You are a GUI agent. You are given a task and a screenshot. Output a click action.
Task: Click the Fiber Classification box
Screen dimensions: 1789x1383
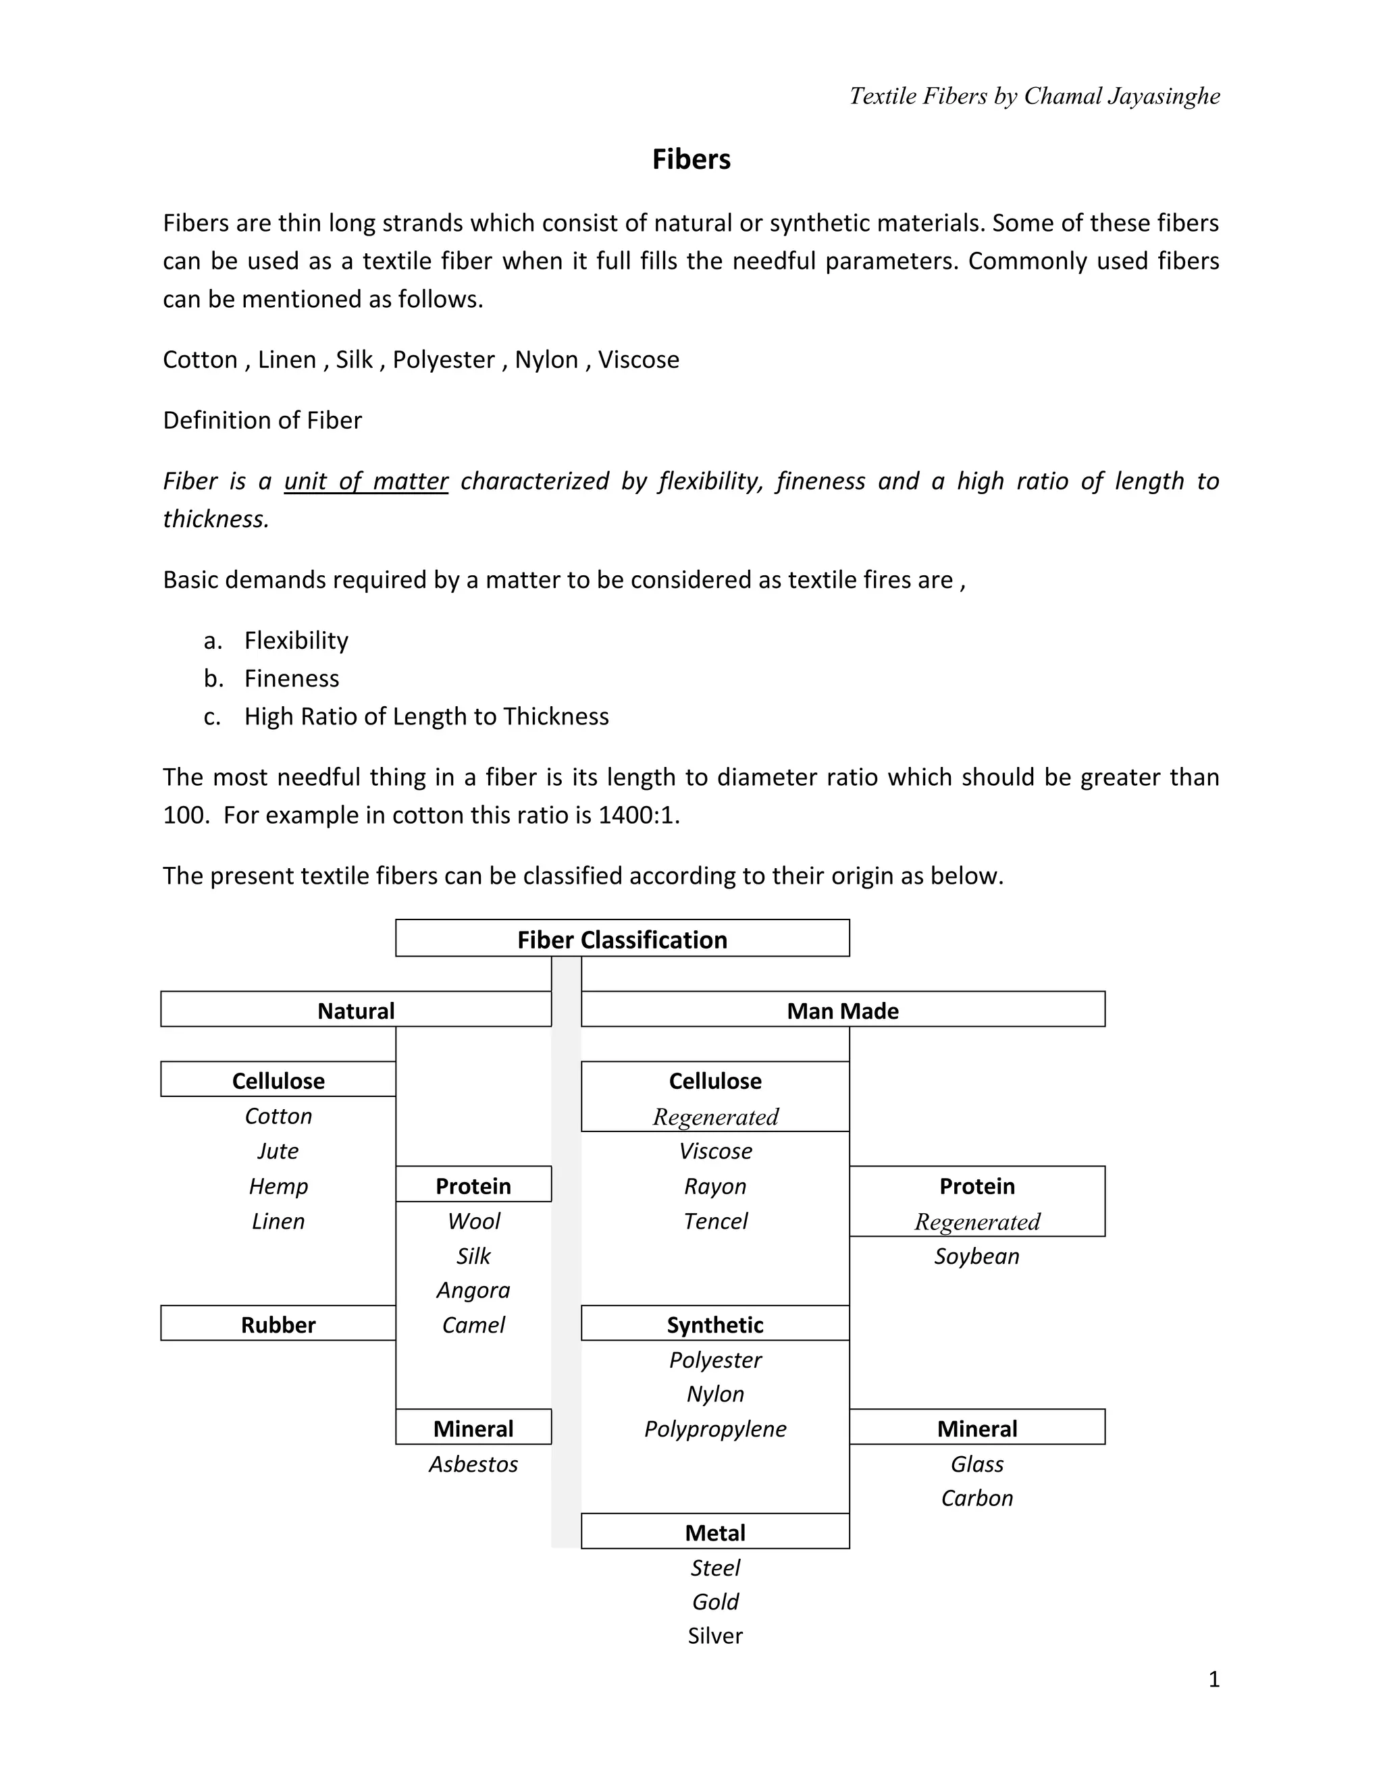click(x=622, y=939)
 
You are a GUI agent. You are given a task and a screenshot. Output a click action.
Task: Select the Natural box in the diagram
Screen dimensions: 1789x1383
click(x=356, y=1010)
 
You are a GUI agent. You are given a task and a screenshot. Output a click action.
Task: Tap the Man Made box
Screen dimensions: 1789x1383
click(x=842, y=1010)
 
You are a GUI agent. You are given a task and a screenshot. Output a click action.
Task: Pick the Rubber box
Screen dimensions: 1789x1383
click(x=278, y=1325)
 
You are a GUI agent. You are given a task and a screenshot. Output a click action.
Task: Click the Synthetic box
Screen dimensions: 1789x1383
click(x=714, y=1325)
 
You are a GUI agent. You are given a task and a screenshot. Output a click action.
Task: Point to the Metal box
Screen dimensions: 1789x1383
click(x=714, y=1532)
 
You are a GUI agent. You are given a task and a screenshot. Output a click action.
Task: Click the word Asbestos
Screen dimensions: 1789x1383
click(x=473, y=1464)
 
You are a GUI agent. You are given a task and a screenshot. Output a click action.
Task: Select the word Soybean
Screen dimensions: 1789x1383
click(x=976, y=1256)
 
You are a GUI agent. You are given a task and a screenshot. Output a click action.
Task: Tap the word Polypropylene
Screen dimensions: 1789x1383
click(x=714, y=1428)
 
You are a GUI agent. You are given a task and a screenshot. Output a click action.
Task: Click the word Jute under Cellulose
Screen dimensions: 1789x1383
click(x=278, y=1151)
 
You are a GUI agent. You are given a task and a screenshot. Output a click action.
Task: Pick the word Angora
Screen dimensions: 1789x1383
click(x=473, y=1290)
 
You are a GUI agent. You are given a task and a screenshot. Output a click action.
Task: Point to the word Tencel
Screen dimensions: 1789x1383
click(x=714, y=1221)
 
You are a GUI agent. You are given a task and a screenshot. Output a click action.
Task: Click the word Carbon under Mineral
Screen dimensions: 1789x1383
click(x=976, y=1498)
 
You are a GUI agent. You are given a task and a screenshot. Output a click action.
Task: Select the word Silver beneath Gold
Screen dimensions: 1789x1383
click(x=714, y=1636)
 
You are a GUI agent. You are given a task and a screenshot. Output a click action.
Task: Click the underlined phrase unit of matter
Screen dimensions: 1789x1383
click(x=365, y=481)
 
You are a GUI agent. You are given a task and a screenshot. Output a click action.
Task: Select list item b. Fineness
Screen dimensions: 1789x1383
click(x=291, y=678)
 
